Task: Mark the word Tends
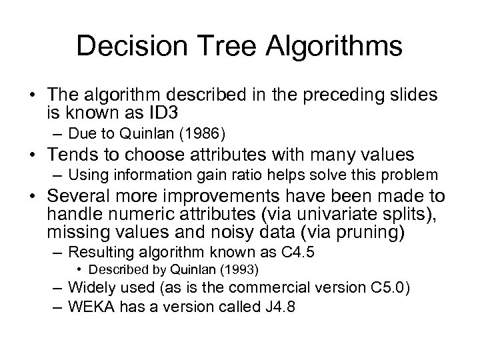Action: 72,155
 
